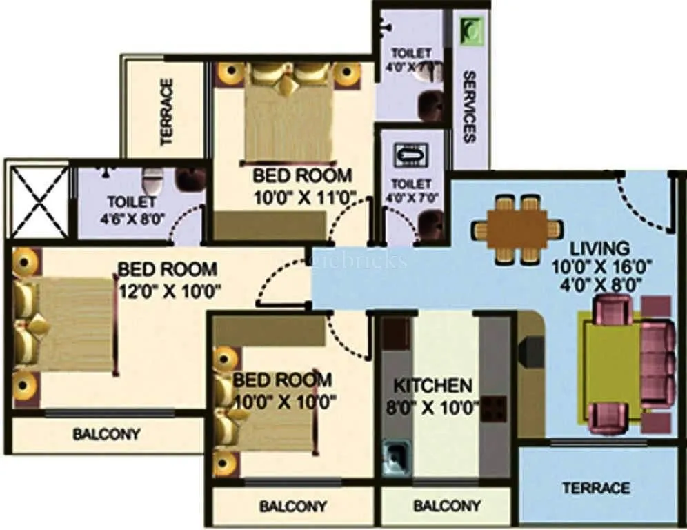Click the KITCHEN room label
pyautogui.click(x=432, y=385)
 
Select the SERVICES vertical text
pyautogui.click(x=469, y=106)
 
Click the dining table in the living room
pyautogui.click(x=517, y=228)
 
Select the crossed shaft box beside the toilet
pyautogui.click(x=37, y=199)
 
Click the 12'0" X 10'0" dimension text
pyautogui.click(x=169, y=290)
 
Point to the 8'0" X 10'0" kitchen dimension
pyautogui.click(x=432, y=406)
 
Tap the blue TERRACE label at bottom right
pyautogui.click(x=596, y=488)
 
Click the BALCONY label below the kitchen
pyautogui.click(x=447, y=506)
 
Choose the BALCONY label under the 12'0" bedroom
pyautogui.click(x=106, y=435)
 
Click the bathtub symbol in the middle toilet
pyautogui.click(x=411, y=155)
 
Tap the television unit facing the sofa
pyautogui.click(x=529, y=351)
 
